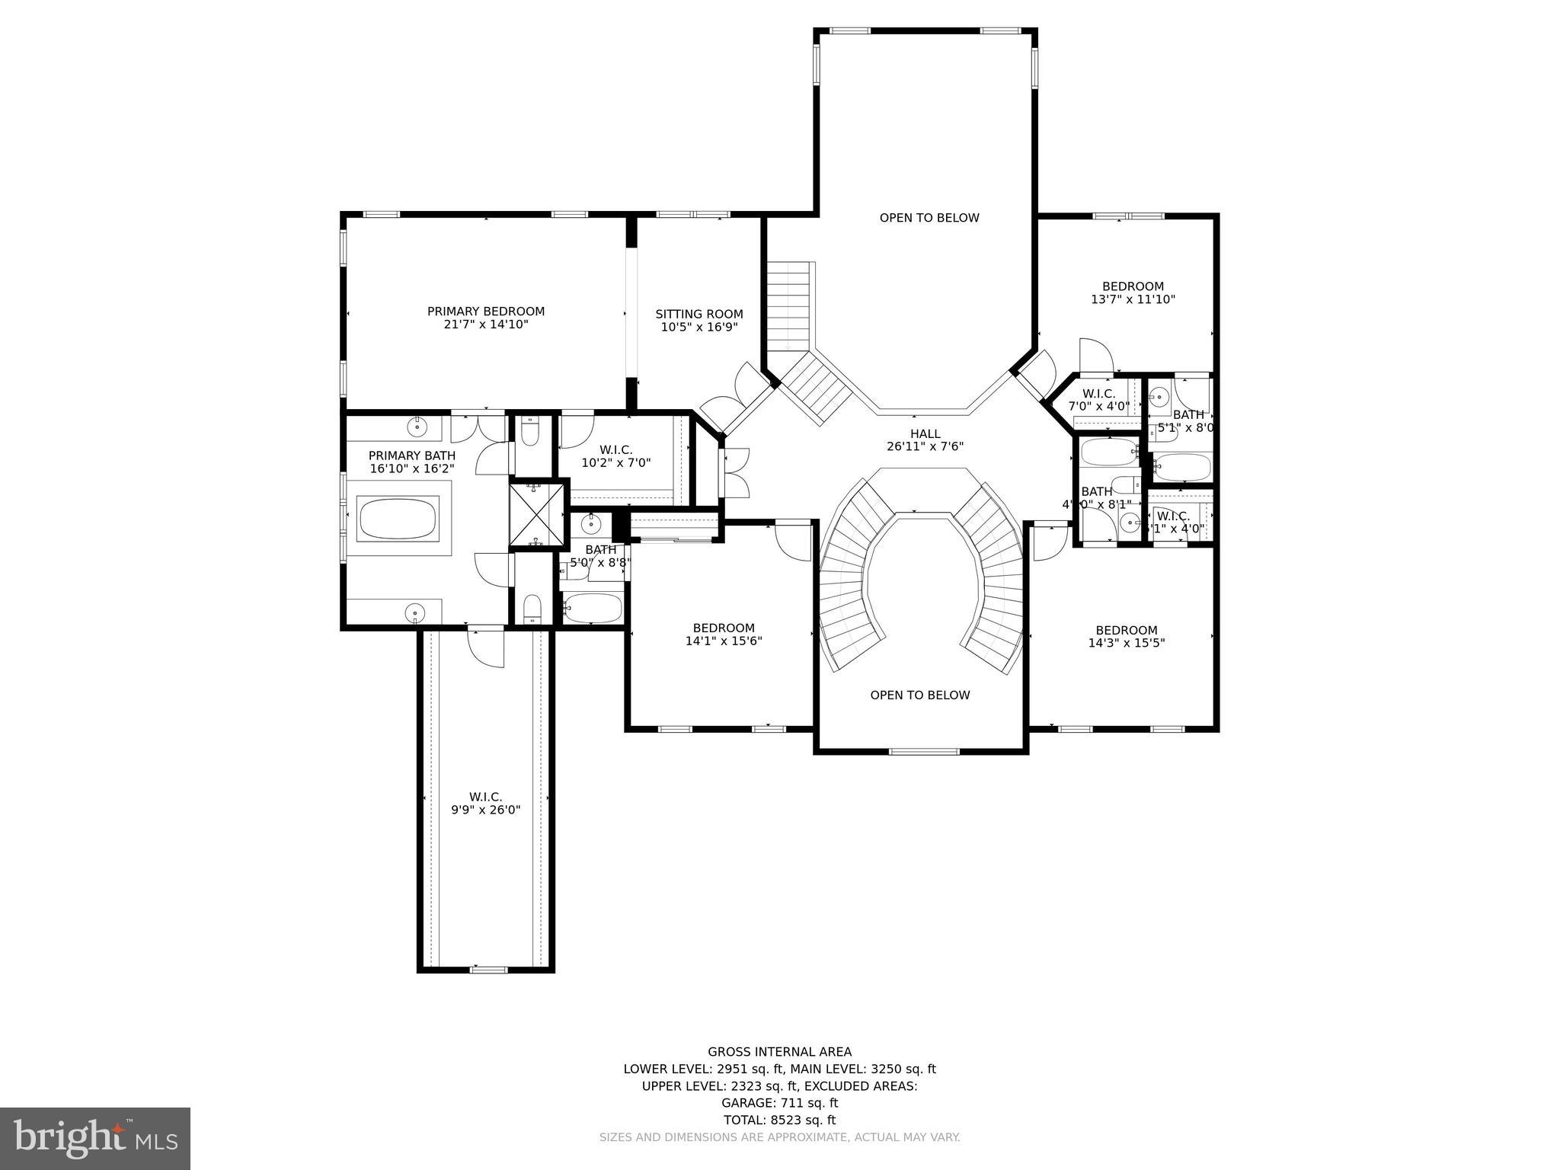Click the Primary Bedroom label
485,312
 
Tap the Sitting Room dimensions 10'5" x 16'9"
698,328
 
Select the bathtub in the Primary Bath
398,519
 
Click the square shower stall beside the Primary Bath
539,516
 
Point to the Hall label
925,434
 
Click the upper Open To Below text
929,218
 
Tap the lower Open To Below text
919,695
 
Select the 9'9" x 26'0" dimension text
485,810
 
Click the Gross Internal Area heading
779,1053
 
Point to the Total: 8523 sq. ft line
779,1120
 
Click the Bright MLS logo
95,1138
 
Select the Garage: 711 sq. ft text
779,1103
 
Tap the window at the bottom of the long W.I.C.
488,970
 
